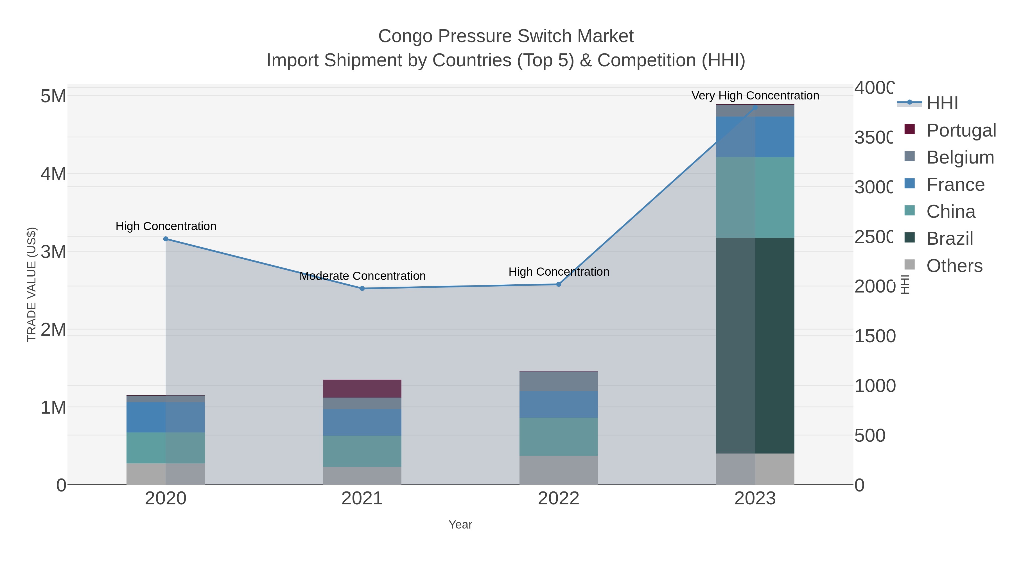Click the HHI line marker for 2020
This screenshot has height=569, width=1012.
click(x=166, y=239)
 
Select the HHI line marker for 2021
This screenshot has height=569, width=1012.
click(x=362, y=288)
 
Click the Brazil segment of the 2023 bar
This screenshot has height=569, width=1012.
click(x=755, y=346)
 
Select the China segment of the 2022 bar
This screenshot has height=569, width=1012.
click(x=559, y=436)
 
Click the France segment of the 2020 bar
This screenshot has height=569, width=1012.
click(x=166, y=417)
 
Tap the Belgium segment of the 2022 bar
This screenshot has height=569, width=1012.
click(x=559, y=381)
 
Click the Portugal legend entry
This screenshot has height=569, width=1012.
click(x=961, y=130)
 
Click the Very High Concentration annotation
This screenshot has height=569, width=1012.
click(x=755, y=96)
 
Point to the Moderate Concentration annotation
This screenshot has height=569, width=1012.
click(x=362, y=276)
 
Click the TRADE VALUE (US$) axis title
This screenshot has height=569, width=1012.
click(x=31, y=284)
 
